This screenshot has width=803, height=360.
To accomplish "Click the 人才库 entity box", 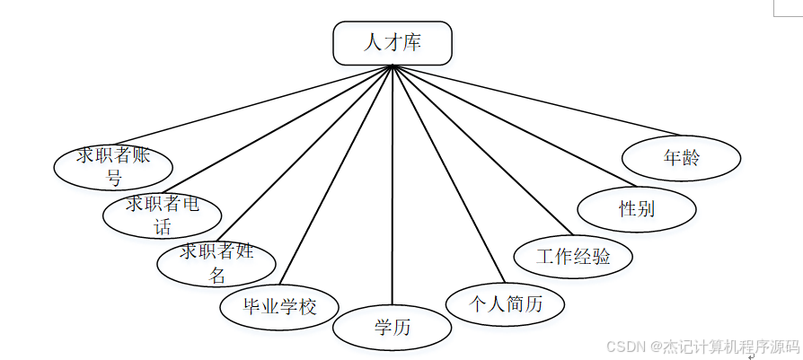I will (392, 43).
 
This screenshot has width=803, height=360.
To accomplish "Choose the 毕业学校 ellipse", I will (280, 306).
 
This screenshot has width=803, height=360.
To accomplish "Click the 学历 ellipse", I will (392, 328).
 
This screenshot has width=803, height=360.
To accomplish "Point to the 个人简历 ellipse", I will (506, 304).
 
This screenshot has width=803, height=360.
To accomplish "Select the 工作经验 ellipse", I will (573, 257).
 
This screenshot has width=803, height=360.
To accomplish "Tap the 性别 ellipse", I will (636, 209).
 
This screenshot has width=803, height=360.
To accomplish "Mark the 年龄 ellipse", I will (681, 159).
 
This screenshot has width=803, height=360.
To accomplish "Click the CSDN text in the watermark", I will (625, 346).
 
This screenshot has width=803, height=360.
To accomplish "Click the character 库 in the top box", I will (412, 43).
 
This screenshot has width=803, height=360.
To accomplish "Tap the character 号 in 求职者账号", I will (113, 178).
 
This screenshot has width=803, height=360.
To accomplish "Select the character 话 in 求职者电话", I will (163, 227).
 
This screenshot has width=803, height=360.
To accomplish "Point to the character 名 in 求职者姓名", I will (216, 276).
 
